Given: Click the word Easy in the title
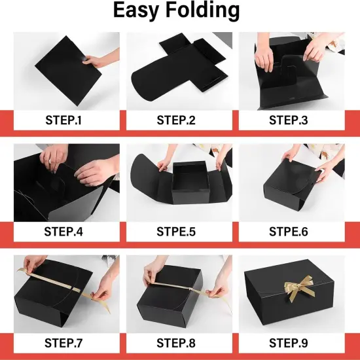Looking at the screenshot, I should (138, 11).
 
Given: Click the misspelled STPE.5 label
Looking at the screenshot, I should (179, 231).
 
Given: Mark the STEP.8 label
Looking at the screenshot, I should (179, 342).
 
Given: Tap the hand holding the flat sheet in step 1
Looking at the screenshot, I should (99, 62).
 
